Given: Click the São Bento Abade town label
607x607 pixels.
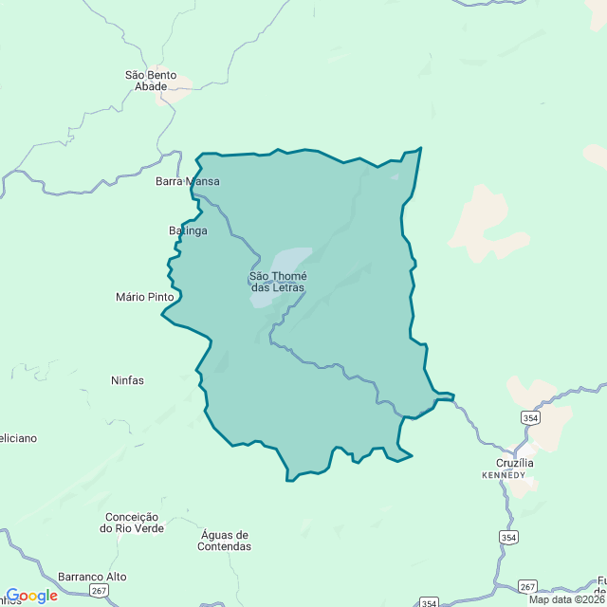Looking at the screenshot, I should click(x=151, y=81).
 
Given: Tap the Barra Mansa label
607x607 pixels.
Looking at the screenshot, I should click(x=188, y=181).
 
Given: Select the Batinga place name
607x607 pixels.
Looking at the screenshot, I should click(x=188, y=230).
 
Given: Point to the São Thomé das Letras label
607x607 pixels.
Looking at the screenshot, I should click(x=278, y=282).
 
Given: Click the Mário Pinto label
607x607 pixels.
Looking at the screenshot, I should click(x=145, y=297).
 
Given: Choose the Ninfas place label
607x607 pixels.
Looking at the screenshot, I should click(x=127, y=380).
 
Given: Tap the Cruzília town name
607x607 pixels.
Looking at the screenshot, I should click(x=514, y=463).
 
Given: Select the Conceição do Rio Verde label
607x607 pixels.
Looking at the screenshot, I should click(x=134, y=523).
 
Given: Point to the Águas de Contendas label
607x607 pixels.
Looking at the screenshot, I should click(x=226, y=541).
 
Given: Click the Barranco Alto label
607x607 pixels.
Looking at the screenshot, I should click(x=92, y=577).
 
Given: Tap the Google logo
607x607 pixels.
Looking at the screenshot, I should click(x=31, y=596).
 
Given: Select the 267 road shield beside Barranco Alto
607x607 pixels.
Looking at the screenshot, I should click(x=100, y=591).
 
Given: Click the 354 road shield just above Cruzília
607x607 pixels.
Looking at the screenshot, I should click(x=530, y=417).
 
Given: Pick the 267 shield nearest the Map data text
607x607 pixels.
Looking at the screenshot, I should click(x=528, y=586).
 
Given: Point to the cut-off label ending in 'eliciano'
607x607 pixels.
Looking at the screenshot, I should click(x=19, y=438).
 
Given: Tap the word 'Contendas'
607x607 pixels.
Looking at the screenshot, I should click(x=226, y=546).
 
